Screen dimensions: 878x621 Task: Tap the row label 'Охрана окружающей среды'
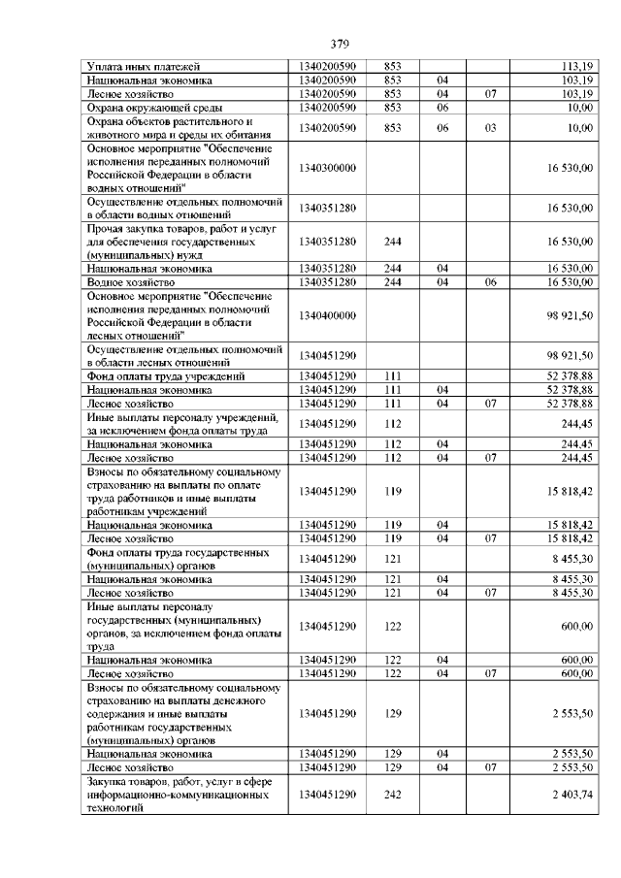[154, 107]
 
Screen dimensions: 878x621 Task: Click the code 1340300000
[328, 168]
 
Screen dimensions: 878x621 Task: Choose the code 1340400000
[328, 315]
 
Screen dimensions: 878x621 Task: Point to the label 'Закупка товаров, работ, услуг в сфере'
[182, 782]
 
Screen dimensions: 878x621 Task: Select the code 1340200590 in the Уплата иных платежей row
[328, 66]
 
